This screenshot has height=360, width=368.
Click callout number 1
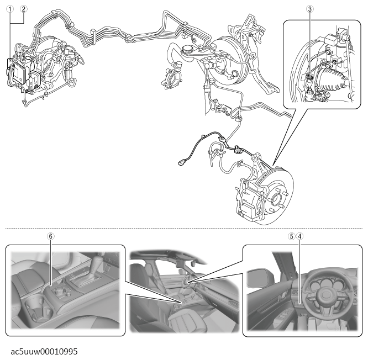10,9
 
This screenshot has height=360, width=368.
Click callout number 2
23,9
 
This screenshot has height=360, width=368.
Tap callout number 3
310,9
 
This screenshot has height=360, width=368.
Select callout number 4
299,236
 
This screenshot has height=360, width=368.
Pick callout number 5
292,236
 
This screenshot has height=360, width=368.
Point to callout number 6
50,236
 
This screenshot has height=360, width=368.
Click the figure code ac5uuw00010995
44,351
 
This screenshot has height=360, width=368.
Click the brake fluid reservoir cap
187,49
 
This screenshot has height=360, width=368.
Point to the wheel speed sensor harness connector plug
182,162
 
